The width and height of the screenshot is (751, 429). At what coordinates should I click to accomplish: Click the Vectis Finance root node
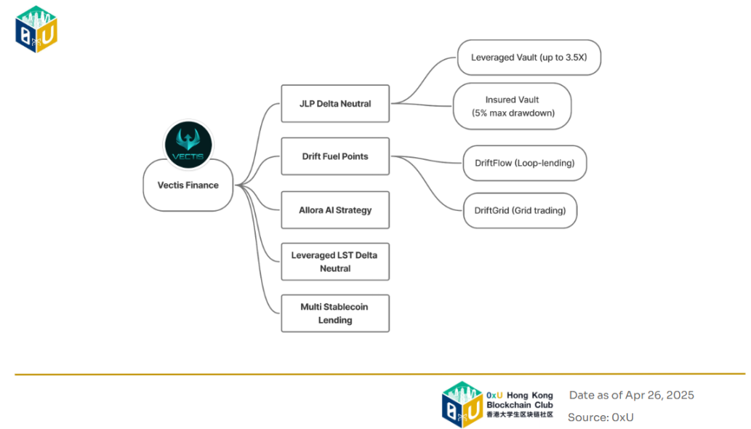[188, 185]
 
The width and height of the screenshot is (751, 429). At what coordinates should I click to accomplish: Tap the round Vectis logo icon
[188, 143]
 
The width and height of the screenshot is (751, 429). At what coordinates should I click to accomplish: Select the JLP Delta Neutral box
[335, 104]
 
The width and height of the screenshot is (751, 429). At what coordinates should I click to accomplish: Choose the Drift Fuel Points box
[335, 156]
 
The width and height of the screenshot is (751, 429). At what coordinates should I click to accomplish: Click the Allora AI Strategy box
[335, 210]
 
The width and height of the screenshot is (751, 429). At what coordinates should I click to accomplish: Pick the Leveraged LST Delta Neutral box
[335, 262]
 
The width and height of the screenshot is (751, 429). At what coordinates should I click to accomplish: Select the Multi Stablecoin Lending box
[335, 313]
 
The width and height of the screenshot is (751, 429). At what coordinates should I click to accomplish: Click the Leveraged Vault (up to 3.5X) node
[529, 57]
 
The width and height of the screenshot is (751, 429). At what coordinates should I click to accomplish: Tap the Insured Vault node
[512, 106]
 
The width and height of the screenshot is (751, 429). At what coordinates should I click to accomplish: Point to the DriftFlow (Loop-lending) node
[524, 164]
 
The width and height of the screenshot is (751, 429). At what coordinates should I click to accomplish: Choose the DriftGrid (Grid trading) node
[520, 212]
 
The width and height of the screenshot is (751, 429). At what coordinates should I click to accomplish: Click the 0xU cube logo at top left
[36, 29]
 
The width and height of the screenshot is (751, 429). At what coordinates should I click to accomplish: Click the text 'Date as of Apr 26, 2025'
[631, 396]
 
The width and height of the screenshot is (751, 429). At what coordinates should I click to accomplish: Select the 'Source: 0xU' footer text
[600, 417]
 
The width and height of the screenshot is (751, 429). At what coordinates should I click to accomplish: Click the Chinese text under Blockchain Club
[519, 414]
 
